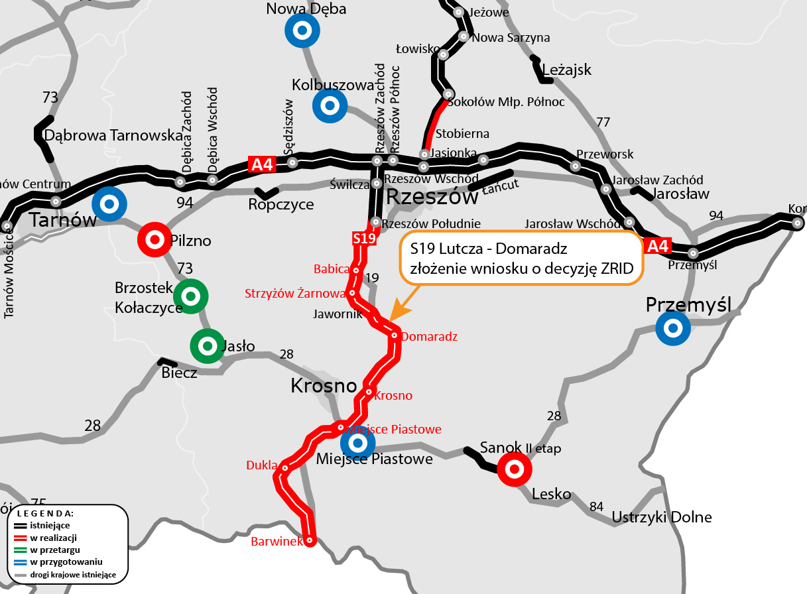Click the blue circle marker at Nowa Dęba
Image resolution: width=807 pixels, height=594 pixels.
pos(302,30)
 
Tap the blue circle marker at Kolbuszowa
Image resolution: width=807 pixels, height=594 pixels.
pos(330,105)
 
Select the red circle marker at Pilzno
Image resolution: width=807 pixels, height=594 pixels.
pos(155,239)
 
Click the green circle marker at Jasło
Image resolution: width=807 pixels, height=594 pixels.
pos(208,345)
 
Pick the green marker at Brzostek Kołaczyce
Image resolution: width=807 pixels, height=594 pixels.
pos(191,296)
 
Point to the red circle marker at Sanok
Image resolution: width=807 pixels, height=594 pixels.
pos(514,469)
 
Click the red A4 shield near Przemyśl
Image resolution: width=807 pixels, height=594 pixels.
pos(658,247)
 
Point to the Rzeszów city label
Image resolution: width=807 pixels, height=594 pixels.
pos(432,197)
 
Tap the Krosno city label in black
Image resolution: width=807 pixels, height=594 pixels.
pos(324,386)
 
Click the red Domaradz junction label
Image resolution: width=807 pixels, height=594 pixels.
pos(429,337)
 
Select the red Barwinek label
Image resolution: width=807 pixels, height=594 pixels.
pos(277,542)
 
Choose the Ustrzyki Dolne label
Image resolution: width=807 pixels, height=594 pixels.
pos(662,517)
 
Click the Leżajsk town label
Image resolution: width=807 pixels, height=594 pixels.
pos(566,70)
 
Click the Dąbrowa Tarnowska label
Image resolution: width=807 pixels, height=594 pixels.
pos(113,135)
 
